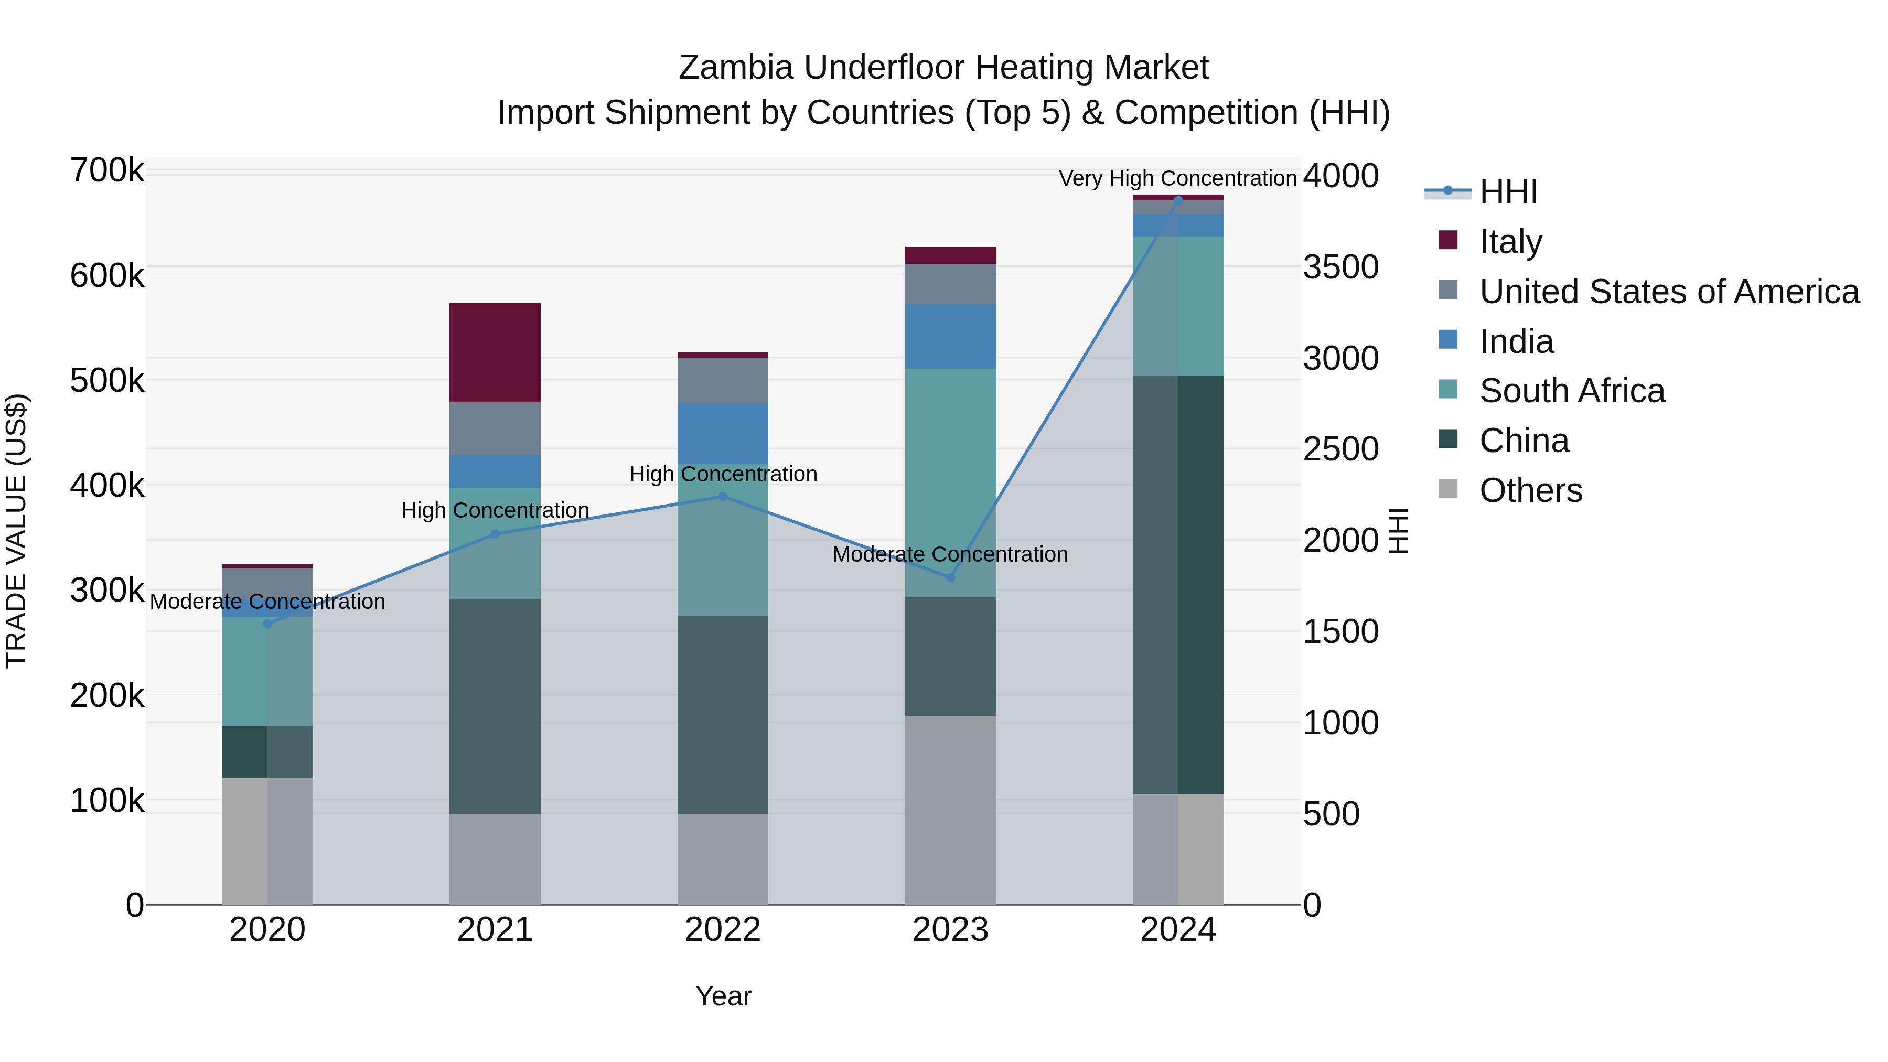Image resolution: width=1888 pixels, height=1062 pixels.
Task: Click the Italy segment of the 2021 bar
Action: click(x=495, y=352)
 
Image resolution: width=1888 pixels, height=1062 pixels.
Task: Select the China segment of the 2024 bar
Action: click(x=1178, y=584)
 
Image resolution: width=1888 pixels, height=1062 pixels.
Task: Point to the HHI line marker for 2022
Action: click(x=723, y=496)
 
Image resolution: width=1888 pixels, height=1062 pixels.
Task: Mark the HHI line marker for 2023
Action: click(x=951, y=577)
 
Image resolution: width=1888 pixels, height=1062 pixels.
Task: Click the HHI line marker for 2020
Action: click(x=267, y=624)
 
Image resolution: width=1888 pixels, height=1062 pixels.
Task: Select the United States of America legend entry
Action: click(x=1669, y=291)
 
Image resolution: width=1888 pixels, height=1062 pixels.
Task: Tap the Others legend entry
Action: click(x=1530, y=490)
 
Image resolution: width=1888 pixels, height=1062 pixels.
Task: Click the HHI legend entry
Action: click(x=1508, y=192)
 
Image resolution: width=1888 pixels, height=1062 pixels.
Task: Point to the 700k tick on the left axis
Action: click(x=107, y=171)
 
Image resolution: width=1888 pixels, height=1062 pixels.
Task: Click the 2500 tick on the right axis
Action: click(x=1340, y=449)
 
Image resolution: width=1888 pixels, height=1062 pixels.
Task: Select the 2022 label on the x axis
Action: click(x=723, y=930)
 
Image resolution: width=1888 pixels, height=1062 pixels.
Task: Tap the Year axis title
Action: click(x=723, y=996)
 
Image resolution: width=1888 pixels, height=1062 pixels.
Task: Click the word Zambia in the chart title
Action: click(x=736, y=68)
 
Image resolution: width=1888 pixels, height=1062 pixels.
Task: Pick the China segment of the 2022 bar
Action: click(x=723, y=715)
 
